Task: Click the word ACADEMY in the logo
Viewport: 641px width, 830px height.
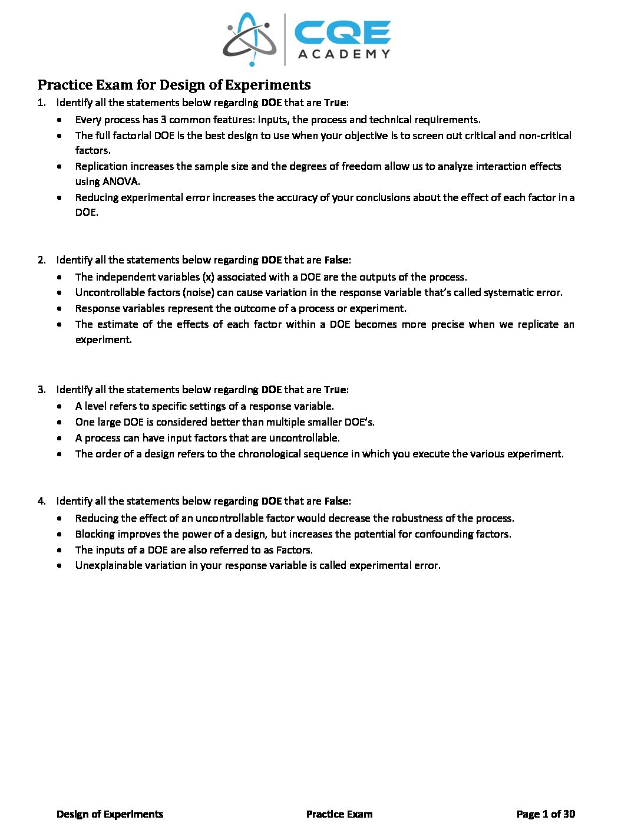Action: pos(344,54)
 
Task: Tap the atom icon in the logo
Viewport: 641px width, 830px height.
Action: pos(249,39)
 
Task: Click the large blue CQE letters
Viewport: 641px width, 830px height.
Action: pos(342,33)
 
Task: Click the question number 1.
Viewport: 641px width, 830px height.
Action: pos(41,103)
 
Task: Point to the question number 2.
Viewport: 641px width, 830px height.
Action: pos(41,260)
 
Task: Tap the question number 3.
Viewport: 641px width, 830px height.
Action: pos(41,390)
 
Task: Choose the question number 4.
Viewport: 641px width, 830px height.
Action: pos(41,501)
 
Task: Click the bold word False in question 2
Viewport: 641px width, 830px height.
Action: pos(336,260)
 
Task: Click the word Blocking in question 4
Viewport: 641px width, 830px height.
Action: pos(95,534)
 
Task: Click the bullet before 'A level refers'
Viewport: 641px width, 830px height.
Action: pos(61,406)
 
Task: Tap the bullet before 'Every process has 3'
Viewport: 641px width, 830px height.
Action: pos(61,120)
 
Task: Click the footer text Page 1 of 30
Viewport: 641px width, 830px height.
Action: pos(546,814)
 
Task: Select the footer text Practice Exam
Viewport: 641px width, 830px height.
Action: pos(339,814)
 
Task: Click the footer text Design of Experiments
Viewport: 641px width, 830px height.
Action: pos(110,814)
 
